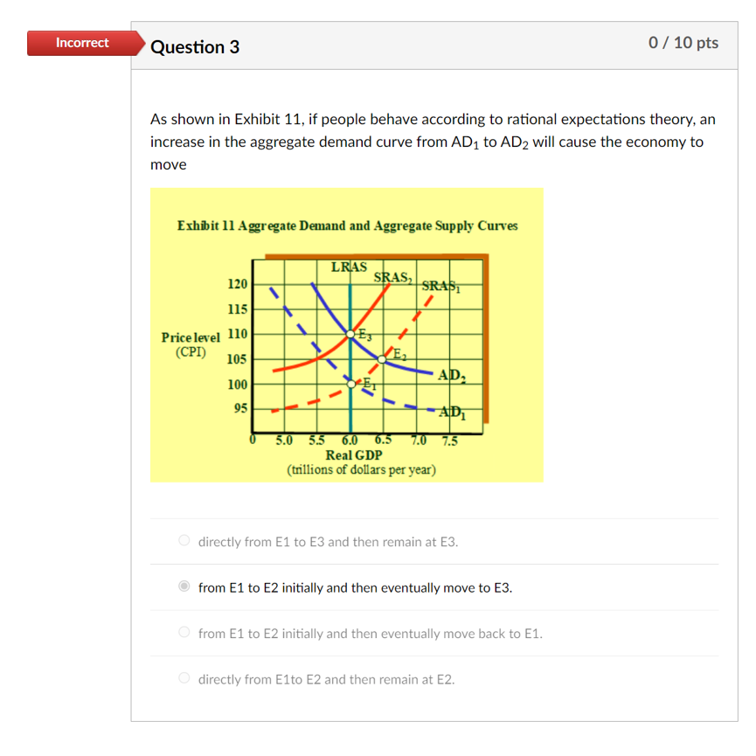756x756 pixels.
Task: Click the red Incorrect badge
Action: pos(82,43)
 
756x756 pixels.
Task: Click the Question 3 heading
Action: pos(195,47)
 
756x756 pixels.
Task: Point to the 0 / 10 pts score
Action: pos(683,43)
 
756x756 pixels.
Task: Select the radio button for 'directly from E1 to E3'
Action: pos(184,541)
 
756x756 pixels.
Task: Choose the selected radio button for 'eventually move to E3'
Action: pos(184,587)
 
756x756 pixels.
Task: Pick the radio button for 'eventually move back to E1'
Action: pos(184,633)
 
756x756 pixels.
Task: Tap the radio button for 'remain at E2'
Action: pos(184,679)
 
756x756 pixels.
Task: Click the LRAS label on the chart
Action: pos(350,266)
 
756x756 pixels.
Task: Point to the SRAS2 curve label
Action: pos(393,278)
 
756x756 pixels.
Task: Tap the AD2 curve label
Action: pos(452,376)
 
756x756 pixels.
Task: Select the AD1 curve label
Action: pos(452,413)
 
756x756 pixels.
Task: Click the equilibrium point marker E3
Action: pos(351,334)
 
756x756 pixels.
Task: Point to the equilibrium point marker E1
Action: pos(351,383)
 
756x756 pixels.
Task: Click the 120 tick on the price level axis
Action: pos(237,284)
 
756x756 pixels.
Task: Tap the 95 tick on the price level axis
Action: pos(239,408)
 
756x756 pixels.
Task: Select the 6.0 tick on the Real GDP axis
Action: pos(350,440)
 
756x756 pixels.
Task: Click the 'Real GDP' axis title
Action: pos(353,455)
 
